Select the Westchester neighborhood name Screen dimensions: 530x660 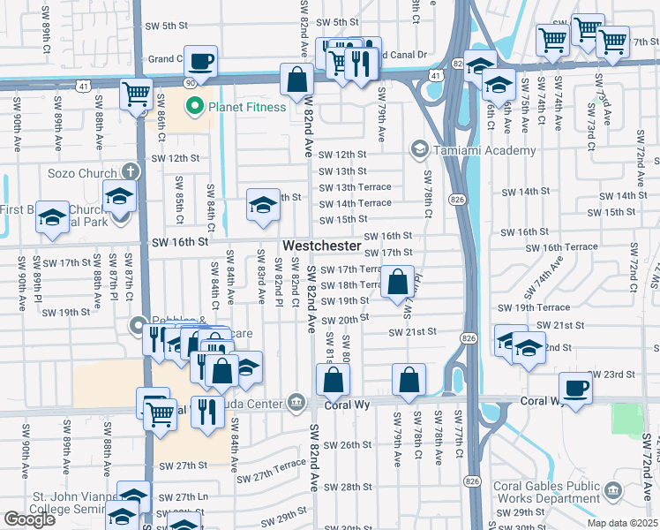(321, 246)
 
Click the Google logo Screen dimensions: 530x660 (29, 519)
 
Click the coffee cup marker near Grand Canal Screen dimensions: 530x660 (201, 62)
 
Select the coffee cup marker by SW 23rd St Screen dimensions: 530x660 (575, 389)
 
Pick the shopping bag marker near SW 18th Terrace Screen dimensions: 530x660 (399, 284)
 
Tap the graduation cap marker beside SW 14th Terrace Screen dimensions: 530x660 (262, 206)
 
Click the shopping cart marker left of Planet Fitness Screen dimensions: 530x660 (136, 94)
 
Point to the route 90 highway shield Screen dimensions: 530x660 (189, 82)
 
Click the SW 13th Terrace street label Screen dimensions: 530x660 (355, 187)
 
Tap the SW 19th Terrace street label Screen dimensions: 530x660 (534, 307)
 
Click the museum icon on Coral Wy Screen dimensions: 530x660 (296, 405)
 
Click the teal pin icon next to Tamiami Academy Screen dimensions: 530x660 (417, 150)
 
